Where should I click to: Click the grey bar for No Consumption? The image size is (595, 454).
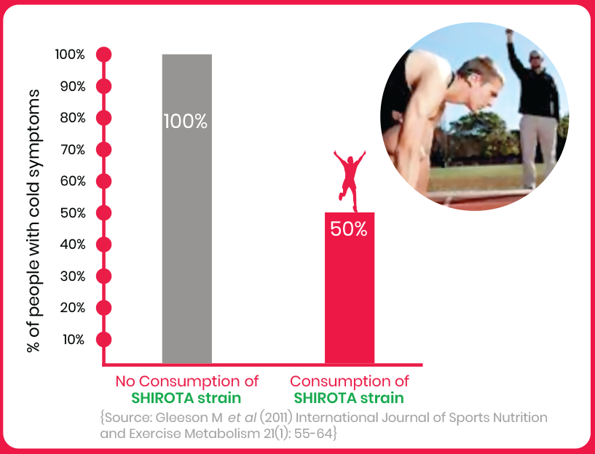(x=186, y=209)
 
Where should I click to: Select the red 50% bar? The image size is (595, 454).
(x=350, y=288)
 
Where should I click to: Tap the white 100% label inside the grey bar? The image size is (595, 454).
(x=186, y=122)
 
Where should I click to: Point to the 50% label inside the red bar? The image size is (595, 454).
(x=349, y=229)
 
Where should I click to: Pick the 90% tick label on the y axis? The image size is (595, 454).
(x=73, y=87)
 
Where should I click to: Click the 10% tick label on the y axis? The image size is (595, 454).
(x=74, y=340)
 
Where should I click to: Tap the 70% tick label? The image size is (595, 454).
(x=73, y=150)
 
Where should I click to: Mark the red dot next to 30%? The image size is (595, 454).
(x=103, y=276)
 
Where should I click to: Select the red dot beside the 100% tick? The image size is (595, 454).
(x=103, y=55)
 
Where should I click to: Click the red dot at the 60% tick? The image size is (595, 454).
(x=103, y=181)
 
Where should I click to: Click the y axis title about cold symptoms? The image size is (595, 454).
(x=34, y=221)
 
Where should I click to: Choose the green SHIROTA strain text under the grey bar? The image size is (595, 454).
(x=186, y=398)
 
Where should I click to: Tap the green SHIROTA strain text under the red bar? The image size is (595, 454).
(x=349, y=398)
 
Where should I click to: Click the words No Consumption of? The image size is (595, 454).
(x=186, y=381)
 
